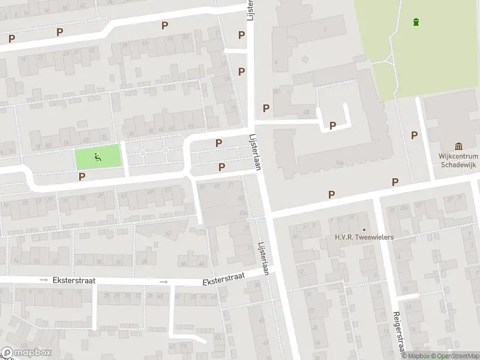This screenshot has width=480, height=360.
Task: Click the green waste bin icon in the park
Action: coord(416,23)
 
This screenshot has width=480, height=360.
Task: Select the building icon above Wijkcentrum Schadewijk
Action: coord(459,146)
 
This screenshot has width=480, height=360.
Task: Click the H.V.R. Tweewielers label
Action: coord(364,238)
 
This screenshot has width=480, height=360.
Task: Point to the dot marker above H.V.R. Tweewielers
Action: coord(364,229)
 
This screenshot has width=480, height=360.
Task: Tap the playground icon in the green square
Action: coord(98,158)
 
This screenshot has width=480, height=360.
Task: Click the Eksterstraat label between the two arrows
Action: coord(74,280)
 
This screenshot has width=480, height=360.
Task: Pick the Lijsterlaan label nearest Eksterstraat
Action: coord(262,259)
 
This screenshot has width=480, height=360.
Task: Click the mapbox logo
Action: coord(26,352)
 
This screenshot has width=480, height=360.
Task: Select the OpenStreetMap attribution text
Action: coord(454,356)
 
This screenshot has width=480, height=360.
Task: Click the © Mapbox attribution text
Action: coord(415,356)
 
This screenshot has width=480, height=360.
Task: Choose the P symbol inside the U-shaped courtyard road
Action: coord(332,126)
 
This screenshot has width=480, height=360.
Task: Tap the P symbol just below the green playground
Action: coord(82,176)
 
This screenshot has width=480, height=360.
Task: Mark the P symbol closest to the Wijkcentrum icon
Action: coord(414,136)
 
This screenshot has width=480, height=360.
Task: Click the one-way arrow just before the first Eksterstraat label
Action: coord(43,280)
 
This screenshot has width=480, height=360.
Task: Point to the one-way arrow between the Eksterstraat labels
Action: coord(163,281)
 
